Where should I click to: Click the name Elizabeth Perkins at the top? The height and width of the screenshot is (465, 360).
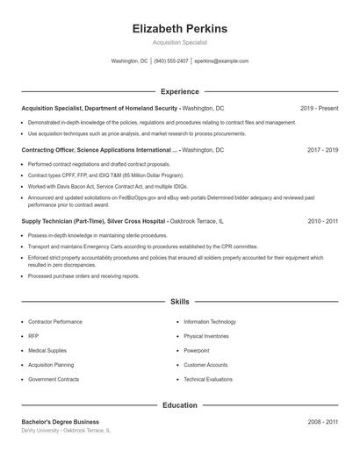click(x=179, y=29)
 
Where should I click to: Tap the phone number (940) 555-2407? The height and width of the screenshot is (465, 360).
click(x=172, y=61)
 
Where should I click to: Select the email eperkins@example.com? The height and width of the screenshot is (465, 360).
click(x=221, y=61)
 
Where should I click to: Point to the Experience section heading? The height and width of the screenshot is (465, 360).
click(x=179, y=91)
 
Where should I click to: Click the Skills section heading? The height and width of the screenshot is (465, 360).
click(x=179, y=301)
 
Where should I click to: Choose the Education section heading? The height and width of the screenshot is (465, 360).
click(x=179, y=405)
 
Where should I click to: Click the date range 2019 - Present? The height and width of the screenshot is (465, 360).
click(x=319, y=108)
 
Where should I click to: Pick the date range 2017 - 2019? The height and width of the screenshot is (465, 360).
click(x=322, y=150)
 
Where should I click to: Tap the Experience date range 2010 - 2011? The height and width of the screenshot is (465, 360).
click(x=322, y=222)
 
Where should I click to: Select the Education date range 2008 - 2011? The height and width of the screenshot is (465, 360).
click(x=322, y=422)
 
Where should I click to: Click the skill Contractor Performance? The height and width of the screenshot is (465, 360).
click(x=55, y=322)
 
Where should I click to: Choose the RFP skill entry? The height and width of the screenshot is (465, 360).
click(x=33, y=336)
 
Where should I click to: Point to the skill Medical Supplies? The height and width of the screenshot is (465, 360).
click(x=47, y=350)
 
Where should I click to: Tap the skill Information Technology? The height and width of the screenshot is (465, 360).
click(x=210, y=322)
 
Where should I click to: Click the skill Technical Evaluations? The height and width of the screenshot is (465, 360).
click(x=208, y=379)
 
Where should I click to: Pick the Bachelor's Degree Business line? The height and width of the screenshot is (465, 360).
click(x=60, y=422)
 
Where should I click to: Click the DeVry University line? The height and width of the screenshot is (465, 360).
click(x=66, y=431)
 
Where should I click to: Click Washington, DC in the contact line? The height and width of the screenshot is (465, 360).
click(x=129, y=61)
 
